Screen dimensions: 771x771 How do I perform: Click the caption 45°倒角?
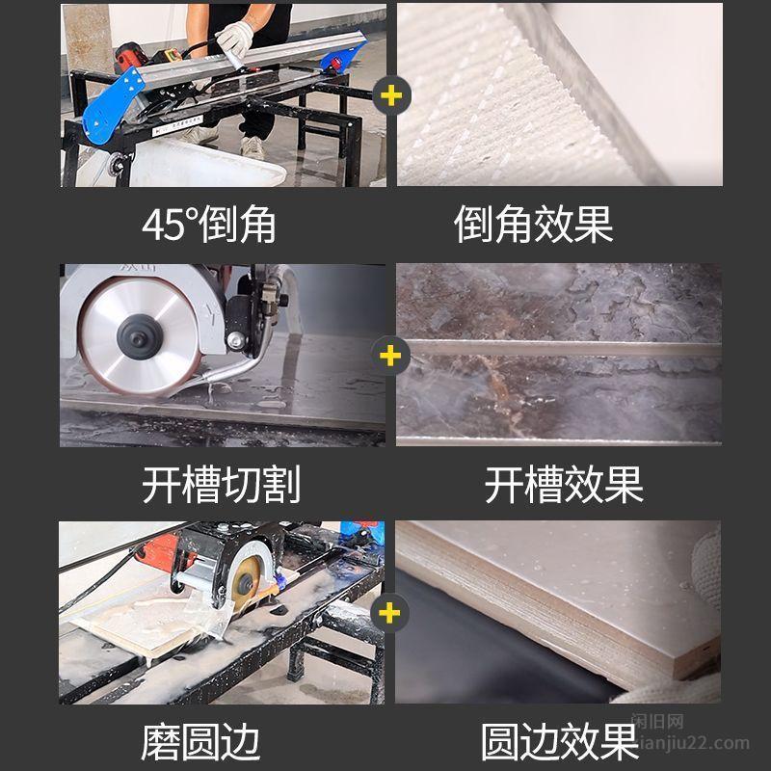(x=208, y=225)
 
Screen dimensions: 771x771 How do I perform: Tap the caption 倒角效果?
(x=534, y=225)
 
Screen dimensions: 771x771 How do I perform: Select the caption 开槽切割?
(x=221, y=485)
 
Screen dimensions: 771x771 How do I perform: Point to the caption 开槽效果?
(x=564, y=485)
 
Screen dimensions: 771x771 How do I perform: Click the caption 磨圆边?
(x=200, y=742)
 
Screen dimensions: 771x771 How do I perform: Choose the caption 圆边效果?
(x=560, y=742)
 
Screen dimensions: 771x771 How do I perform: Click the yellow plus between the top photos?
(x=391, y=95)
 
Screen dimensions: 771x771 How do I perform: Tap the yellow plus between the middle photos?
(x=390, y=356)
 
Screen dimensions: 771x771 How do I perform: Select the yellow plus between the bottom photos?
(x=389, y=613)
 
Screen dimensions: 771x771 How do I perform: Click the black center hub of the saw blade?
(x=140, y=337)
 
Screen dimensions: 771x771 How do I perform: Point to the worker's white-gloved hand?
(x=235, y=39)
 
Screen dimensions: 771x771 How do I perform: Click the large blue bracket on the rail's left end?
(x=111, y=106)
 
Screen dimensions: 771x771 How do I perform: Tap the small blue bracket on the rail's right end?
(x=341, y=58)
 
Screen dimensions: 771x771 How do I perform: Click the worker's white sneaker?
(x=253, y=147)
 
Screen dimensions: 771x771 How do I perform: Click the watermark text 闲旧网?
(x=658, y=722)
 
